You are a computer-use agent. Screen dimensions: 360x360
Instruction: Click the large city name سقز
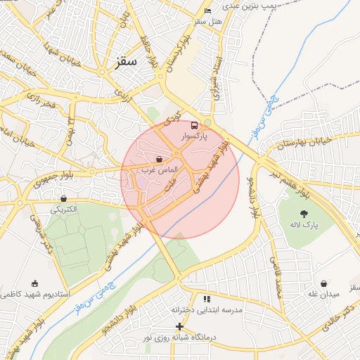[x=127, y=62]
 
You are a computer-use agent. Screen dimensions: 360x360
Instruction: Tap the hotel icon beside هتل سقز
[x=207, y=11]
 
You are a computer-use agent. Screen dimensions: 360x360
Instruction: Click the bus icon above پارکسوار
[x=194, y=126]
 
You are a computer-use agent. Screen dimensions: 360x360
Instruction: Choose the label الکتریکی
[x=64, y=209]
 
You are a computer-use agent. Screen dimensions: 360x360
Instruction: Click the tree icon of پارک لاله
[x=304, y=214]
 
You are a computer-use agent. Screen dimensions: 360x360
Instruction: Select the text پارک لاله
[x=304, y=226]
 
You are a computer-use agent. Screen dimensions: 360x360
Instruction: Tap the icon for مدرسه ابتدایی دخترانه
[x=206, y=299]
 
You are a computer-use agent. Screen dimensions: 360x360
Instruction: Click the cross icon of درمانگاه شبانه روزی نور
[x=179, y=326]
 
